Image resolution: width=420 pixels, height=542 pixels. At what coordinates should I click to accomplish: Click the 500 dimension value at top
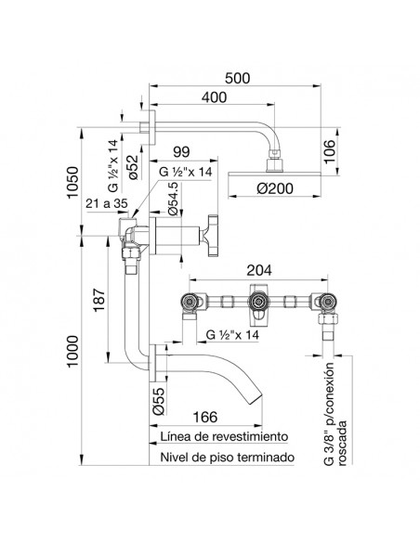coord(237,78)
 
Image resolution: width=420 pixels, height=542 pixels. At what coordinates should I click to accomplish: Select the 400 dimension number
coord(214,97)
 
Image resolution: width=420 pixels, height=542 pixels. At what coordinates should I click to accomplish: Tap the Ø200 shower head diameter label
coord(275,188)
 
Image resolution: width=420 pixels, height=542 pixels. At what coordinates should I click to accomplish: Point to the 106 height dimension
coord(330,151)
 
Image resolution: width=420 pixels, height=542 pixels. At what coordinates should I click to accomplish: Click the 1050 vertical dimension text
coord(73,183)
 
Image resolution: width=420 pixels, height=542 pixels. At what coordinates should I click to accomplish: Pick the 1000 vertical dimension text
coord(73,351)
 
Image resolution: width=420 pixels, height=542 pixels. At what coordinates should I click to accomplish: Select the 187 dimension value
coord(99,300)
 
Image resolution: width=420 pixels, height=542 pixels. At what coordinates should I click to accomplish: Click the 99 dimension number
coord(181,152)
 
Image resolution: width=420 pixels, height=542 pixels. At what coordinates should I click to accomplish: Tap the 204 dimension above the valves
coord(259,270)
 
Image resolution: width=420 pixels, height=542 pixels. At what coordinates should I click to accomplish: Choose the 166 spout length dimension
coord(205,417)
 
